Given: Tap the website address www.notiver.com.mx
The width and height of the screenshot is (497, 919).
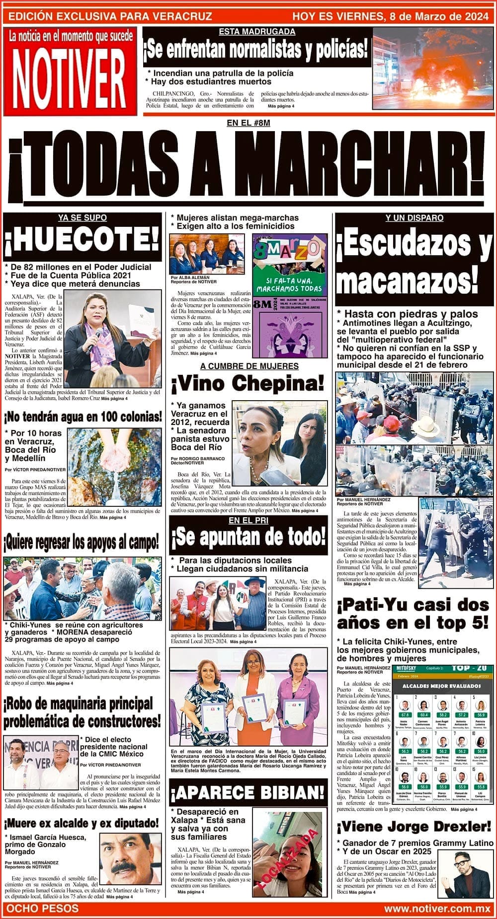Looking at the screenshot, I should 437,909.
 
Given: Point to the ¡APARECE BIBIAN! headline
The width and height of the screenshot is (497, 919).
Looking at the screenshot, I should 248,792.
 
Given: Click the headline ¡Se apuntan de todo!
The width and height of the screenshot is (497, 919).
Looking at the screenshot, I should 248,537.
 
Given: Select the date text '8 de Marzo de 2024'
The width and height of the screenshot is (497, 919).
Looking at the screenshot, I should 437,16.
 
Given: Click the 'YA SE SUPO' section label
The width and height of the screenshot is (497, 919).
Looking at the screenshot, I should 83,217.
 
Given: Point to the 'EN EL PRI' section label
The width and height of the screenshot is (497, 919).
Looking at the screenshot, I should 248,520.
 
